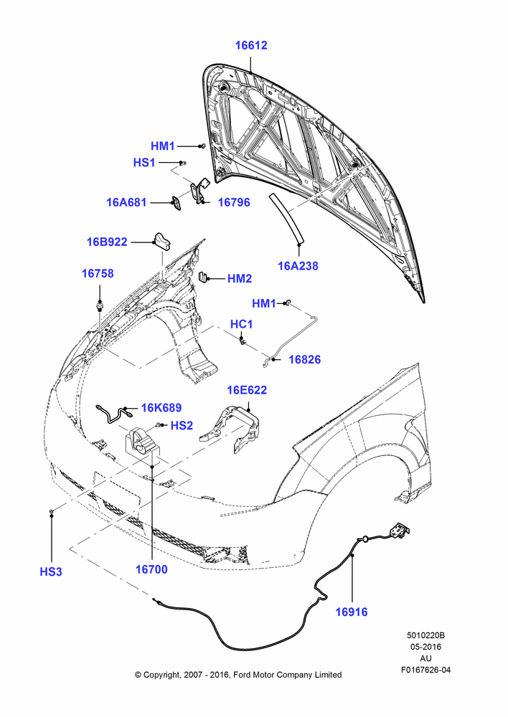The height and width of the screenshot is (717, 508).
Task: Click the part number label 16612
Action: (251, 45)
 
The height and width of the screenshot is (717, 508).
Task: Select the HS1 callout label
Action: (144, 162)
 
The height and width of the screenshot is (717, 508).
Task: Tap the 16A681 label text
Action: (126, 202)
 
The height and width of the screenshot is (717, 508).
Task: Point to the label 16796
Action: (234, 202)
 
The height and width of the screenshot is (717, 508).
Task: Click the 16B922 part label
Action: (107, 242)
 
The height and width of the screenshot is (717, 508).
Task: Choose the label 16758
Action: (98, 273)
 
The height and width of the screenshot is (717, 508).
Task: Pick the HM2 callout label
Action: (240, 278)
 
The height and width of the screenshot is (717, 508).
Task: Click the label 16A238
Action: (298, 266)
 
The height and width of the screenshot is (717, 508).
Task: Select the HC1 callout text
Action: (241, 324)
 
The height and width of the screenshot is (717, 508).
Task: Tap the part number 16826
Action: (305, 359)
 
